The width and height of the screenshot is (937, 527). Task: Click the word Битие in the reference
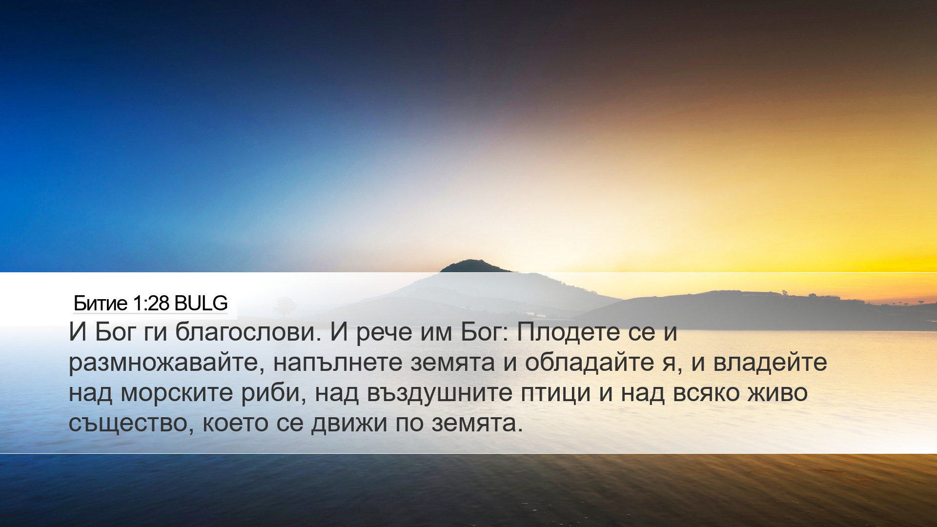coord(101,304)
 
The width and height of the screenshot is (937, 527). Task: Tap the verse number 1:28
coord(151,304)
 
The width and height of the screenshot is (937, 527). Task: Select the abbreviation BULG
coord(201,304)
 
